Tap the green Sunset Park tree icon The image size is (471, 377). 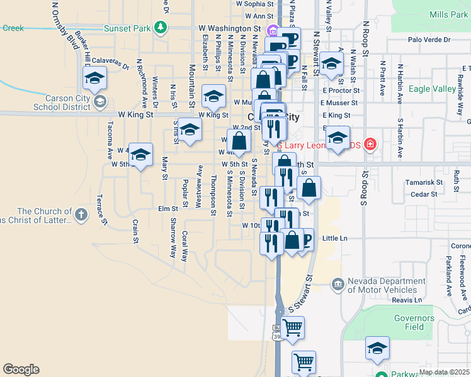[161, 28]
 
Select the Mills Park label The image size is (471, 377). [448, 14]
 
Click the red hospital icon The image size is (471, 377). [371, 145]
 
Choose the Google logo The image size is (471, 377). [21, 369]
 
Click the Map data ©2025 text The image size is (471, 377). [444, 372]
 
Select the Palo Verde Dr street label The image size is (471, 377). [429, 40]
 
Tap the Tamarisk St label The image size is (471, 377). [420, 182]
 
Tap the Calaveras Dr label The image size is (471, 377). [110, 62]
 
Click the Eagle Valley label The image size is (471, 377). [432, 89]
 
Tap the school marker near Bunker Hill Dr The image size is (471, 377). [94, 78]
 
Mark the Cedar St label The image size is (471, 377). [424, 195]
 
